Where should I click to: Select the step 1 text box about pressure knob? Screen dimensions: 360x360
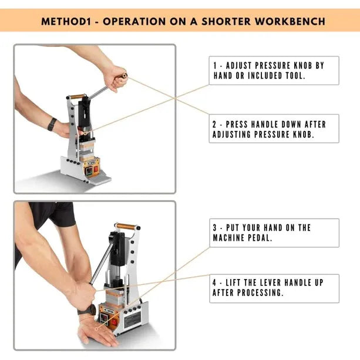pos(274,70)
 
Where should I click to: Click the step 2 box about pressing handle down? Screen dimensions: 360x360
pos(274,129)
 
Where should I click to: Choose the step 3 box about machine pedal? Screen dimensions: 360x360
pos(274,233)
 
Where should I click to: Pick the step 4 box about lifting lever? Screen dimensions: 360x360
pos(274,288)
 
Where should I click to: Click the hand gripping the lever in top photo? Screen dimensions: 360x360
pos(115,77)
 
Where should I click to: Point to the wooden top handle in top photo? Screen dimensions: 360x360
pos(77,96)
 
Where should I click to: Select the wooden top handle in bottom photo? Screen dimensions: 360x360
pos(126,226)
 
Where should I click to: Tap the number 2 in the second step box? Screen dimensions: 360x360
pos(215,125)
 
